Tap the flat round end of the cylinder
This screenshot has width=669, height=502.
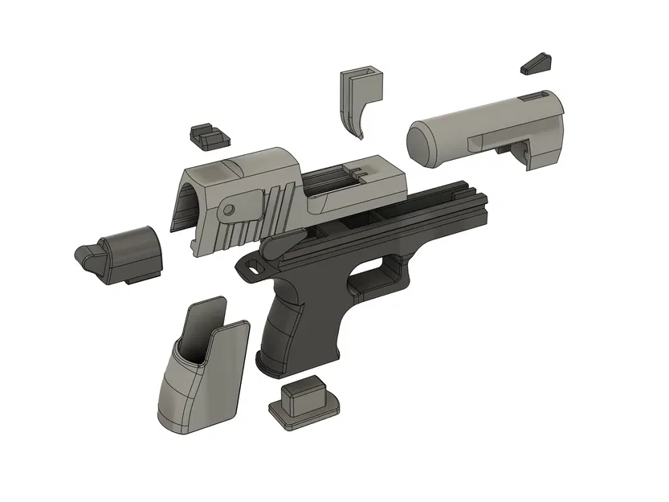(426, 142)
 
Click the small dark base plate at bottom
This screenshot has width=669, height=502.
(304, 402)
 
